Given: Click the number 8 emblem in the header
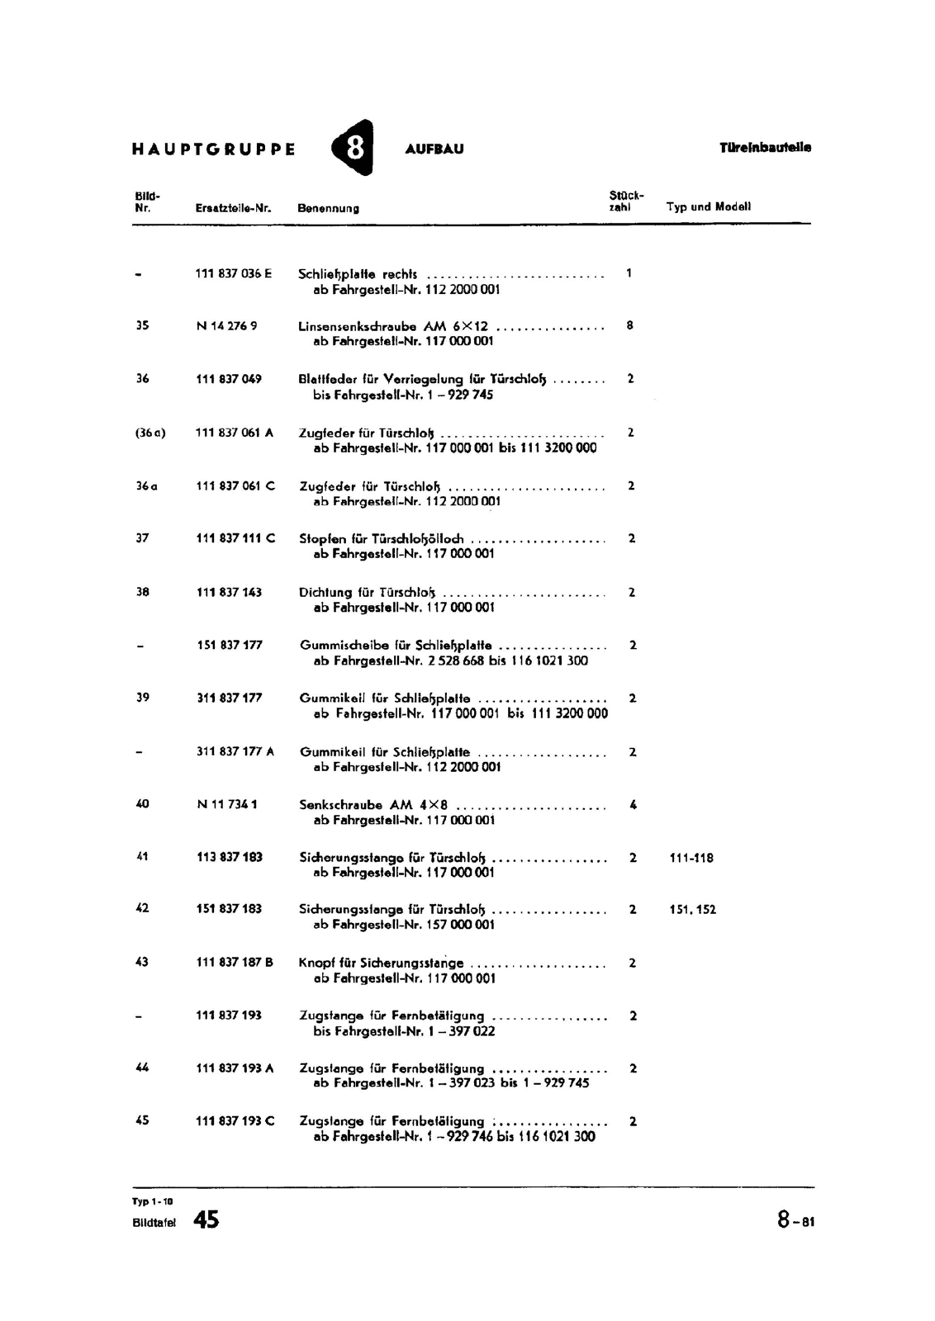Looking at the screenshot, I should (353, 148).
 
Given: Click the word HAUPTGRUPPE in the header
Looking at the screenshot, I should (213, 149).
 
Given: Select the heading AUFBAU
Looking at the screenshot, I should (434, 149).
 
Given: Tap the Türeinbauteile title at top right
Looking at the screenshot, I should (765, 148).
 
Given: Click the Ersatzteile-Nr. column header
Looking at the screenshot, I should (234, 208).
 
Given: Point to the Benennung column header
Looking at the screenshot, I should (328, 208).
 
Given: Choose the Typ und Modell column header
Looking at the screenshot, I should (709, 206).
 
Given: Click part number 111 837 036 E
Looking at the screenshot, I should (234, 273).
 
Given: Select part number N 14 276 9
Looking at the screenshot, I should (226, 326).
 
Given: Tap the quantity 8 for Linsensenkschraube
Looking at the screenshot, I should (629, 326).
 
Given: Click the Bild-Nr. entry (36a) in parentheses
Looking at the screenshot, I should (150, 433).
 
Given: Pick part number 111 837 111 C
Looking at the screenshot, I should (235, 538).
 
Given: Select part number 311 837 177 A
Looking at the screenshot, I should (235, 751).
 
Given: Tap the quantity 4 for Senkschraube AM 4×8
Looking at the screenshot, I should (633, 804).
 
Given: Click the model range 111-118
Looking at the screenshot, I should (691, 858).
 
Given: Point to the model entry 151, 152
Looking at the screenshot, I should (692, 910).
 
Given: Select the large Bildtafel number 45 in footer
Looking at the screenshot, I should (206, 1219).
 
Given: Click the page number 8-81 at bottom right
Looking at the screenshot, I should (795, 1220).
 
